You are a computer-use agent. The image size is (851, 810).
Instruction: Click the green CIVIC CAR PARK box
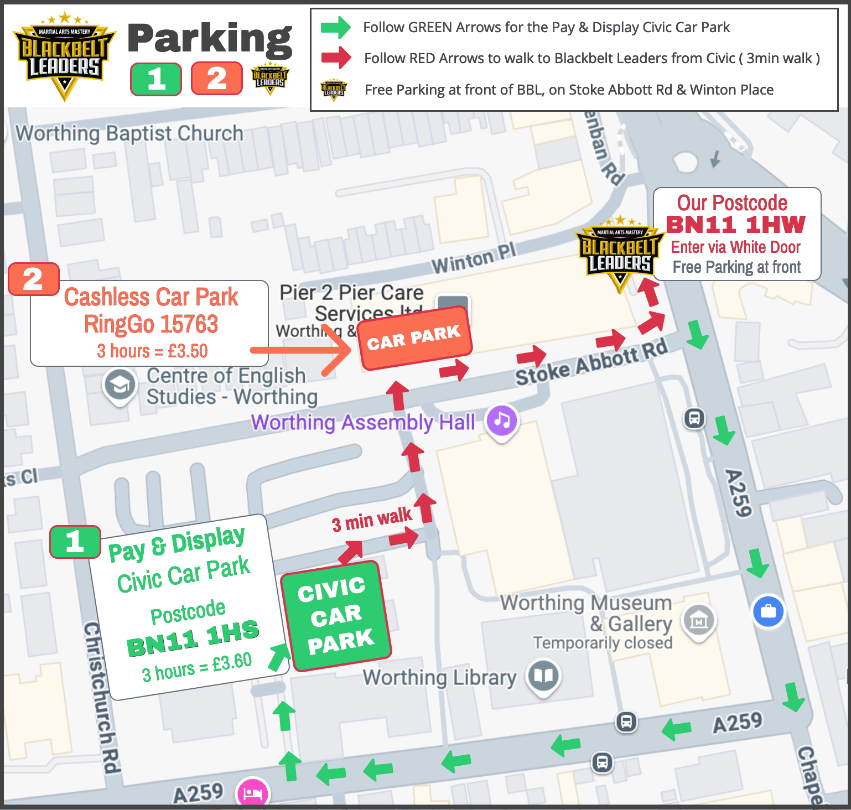point(336,616)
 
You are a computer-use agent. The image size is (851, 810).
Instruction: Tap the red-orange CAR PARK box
point(414,337)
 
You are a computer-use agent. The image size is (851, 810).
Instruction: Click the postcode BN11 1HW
point(736,225)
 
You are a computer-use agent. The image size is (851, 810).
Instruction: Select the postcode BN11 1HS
point(193,638)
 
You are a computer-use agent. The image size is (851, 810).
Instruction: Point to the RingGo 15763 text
point(151,324)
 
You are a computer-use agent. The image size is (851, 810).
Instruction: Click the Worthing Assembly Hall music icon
point(502,420)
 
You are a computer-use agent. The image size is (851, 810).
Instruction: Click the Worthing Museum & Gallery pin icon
point(699,620)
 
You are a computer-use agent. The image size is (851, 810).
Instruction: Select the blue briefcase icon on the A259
point(768,611)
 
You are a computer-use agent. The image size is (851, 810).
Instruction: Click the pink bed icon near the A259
point(253,792)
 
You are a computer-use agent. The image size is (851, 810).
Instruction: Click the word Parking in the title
point(210,39)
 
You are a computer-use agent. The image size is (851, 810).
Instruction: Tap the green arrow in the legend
point(336,27)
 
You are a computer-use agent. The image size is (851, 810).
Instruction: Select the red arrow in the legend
point(336,58)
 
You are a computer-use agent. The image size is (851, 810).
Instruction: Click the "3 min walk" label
point(371,520)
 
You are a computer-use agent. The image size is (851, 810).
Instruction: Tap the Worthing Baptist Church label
point(129,133)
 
